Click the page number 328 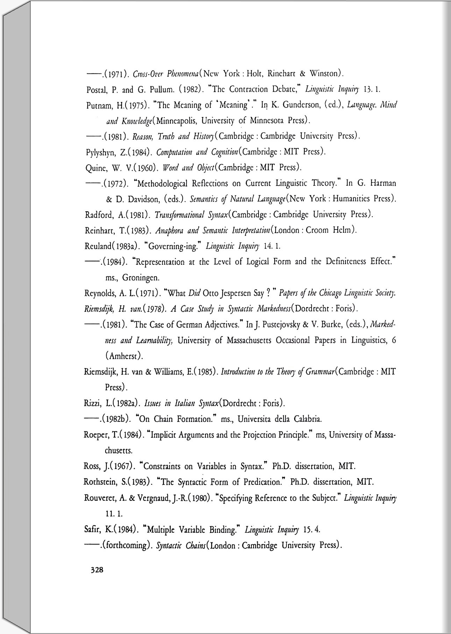coord(97,570)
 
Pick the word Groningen coord(141,278)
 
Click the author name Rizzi coord(91,403)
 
